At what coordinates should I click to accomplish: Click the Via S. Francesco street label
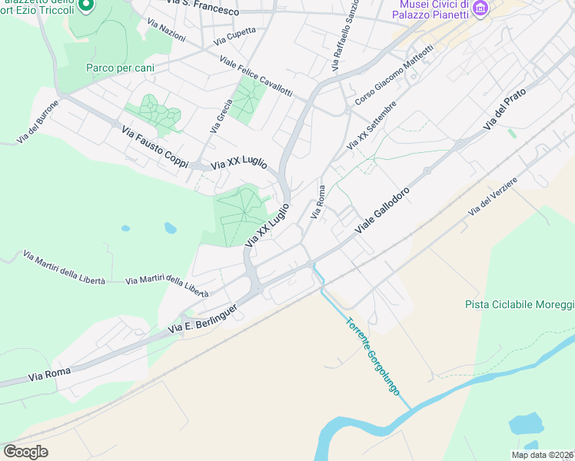tap(196, 8)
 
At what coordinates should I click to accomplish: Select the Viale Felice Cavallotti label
tap(255, 76)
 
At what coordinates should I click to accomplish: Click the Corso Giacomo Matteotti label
tap(394, 75)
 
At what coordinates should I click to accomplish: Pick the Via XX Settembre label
tap(371, 125)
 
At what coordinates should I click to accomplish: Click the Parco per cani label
tap(120, 68)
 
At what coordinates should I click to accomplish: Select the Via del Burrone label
tap(38, 121)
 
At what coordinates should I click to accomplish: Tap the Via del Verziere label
tap(493, 196)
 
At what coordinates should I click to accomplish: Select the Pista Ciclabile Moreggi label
tap(520, 304)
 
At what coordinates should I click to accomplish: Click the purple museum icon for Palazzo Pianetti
tap(481, 8)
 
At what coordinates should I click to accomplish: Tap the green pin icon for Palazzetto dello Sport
tap(87, 5)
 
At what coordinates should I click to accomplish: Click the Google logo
tap(26, 452)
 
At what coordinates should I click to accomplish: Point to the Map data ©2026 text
tap(542, 455)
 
